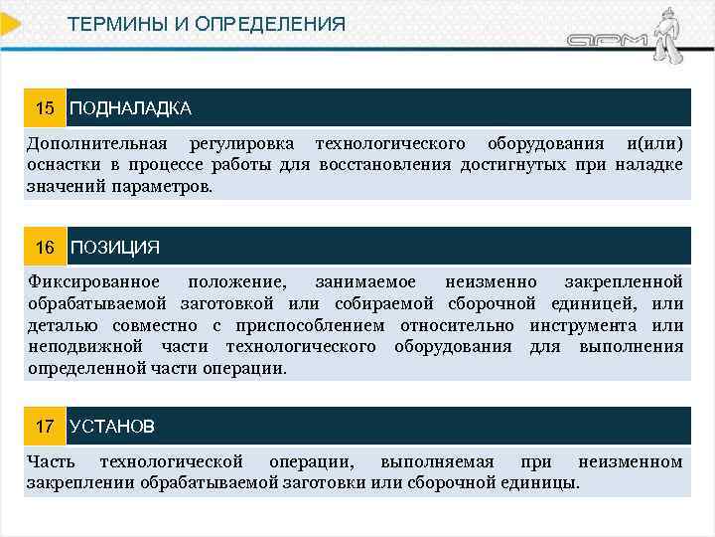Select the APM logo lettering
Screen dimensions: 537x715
click(608, 42)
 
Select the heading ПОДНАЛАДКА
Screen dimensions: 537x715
click(130, 107)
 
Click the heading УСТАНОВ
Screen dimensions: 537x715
click(112, 427)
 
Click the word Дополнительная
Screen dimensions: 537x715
click(97, 143)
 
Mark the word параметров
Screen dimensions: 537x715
click(161, 185)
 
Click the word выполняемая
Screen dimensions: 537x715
click(433, 461)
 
